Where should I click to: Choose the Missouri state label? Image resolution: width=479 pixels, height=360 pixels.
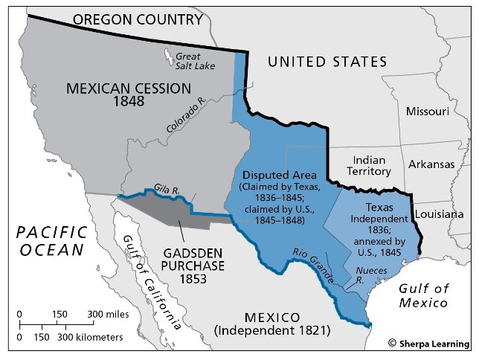click(427, 112)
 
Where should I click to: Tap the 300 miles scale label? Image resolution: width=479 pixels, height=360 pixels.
click(108, 315)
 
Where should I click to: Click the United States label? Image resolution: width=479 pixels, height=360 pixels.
click(328, 61)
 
